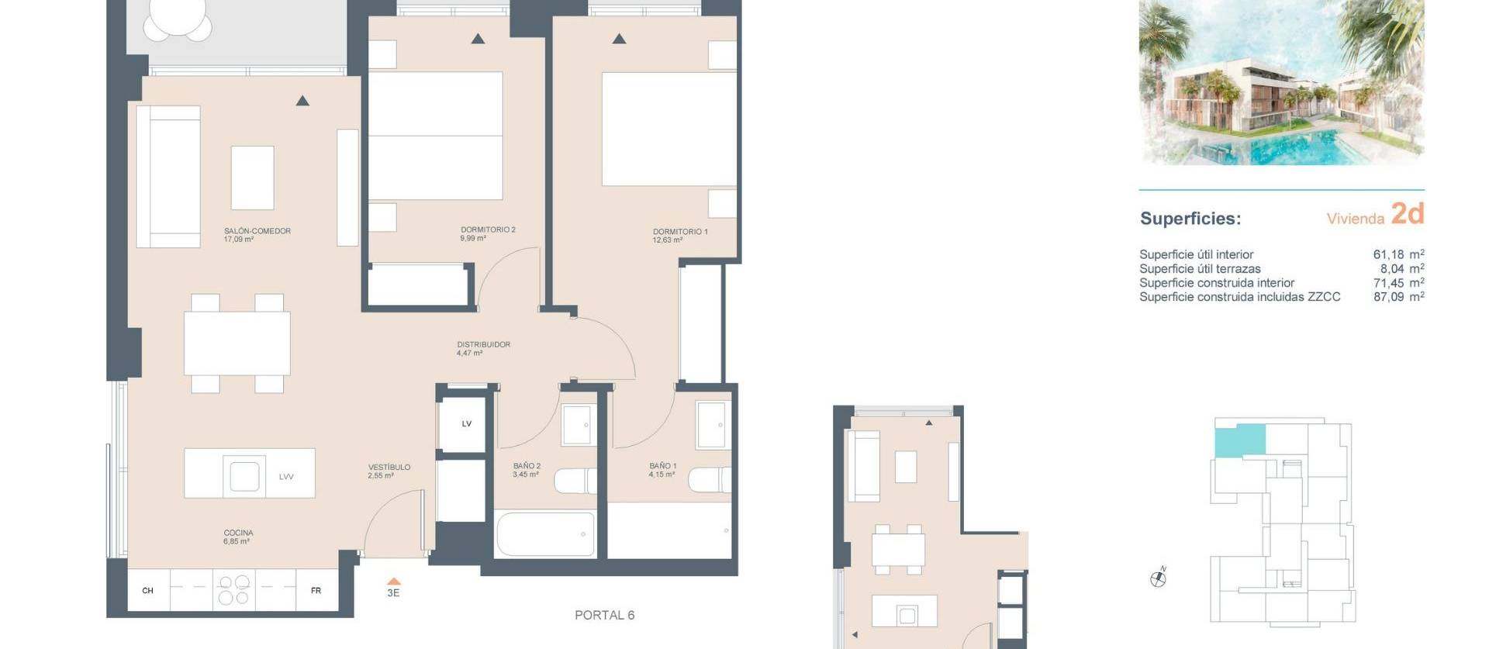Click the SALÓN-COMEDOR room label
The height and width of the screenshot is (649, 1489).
pyautogui.click(x=257, y=231)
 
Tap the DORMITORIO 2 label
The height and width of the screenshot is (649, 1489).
pyautogui.click(x=487, y=230)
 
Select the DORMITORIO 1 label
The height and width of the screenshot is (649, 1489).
pyautogui.click(x=679, y=232)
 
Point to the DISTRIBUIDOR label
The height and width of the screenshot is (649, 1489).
pyautogui.click(x=483, y=344)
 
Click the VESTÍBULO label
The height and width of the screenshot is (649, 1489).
pyautogui.click(x=389, y=468)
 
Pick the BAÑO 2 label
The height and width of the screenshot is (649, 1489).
pyautogui.click(x=527, y=466)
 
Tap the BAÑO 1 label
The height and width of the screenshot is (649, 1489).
pyautogui.click(x=662, y=466)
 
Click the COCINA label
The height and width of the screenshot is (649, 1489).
pyautogui.click(x=238, y=533)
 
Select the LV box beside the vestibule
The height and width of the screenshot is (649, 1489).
pyautogui.click(x=466, y=423)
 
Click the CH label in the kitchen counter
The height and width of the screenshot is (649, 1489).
pyautogui.click(x=147, y=591)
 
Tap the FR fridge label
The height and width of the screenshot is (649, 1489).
pyautogui.click(x=316, y=591)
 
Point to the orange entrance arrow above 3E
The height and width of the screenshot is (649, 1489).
pyautogui.click(x=393, y=581)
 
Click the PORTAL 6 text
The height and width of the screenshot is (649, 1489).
pyautogui.click(x=604, y=615)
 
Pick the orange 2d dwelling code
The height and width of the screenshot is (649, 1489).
pyautogui.click(x=1407, y=213)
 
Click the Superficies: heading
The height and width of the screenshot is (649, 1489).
pyautogui.click(x=1190, y=219)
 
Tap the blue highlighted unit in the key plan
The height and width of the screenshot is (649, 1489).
pyautogui.click(x=1239, y=440)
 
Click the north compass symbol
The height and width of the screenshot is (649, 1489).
pyautogui.click(x=1158, y=578)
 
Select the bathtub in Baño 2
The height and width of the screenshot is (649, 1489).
pyautogui.click(x=545, y=533)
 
